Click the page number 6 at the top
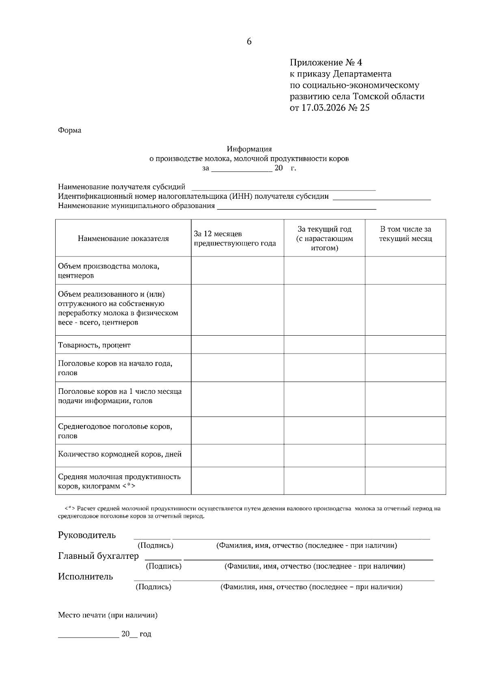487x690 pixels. [x=249, y=41]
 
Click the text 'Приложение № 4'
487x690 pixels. [x=325, y=63]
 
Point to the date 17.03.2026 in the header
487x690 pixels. [x=323, y=108]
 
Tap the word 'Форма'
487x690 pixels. [x=69, y=130]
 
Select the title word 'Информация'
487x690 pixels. [x=249, y=149]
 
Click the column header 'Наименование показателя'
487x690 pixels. [x=123, y=239]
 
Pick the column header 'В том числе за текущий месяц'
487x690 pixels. [x=405, y=234]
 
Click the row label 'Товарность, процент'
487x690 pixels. [x=94, y=345]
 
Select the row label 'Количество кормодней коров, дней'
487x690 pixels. [x=120, y=454]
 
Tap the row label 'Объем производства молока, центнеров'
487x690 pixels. [x=108, y=271]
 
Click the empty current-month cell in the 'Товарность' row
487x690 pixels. [x=405, y=345]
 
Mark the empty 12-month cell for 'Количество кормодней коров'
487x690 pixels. [x=237, y=455]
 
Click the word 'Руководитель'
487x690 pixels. [x=87, y=535]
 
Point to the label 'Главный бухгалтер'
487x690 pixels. [x=98, y=556]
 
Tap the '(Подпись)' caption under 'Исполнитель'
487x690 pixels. [x=153, y=587]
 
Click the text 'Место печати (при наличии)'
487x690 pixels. [x=108, y=615]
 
